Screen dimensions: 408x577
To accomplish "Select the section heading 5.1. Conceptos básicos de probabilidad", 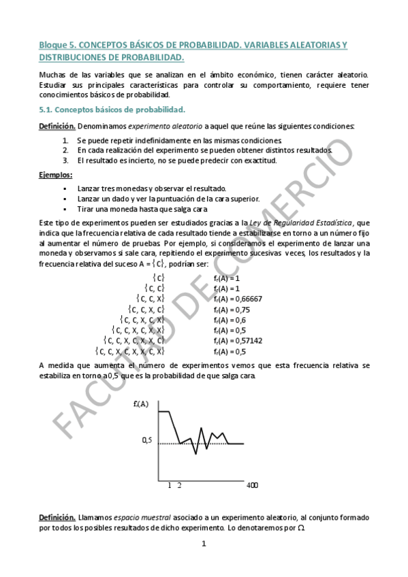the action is (112, 109).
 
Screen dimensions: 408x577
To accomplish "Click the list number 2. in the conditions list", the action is (65, 150).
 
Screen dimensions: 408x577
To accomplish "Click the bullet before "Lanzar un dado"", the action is (65, 198).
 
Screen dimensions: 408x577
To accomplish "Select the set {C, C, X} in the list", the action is (151, 299).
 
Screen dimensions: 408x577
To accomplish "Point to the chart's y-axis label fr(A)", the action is (142, 404).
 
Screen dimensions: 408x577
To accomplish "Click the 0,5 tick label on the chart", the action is (147, 440).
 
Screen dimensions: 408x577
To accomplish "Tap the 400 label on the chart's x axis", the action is (252, 485).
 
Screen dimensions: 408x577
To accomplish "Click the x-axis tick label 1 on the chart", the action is (170, 485).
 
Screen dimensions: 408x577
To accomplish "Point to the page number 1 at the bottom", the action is (204, 544).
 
